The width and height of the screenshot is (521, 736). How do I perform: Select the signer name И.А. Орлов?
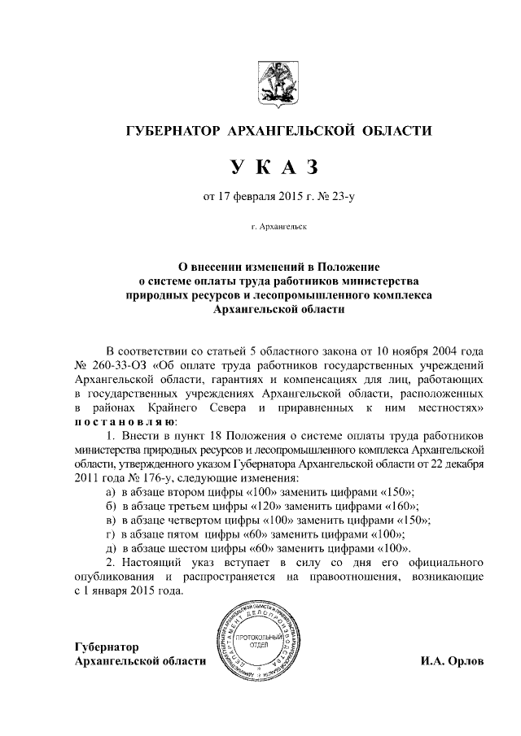tap(452, 661)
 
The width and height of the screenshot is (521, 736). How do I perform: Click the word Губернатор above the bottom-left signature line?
tap(106, 647)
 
